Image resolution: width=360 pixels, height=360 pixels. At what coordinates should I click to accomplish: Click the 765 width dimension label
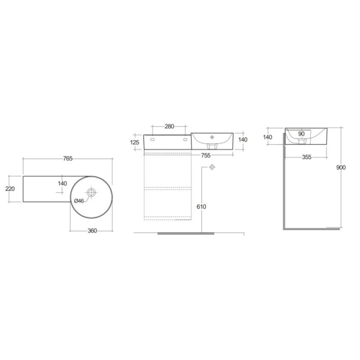[68, 158]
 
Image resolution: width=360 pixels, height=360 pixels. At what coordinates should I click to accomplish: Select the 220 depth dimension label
[10, 189]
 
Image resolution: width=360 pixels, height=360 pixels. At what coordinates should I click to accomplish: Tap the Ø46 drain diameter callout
[79, 201]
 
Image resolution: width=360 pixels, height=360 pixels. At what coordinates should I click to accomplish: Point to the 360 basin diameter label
[92, 231]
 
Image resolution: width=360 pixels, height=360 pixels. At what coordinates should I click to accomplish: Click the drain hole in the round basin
[91, 193]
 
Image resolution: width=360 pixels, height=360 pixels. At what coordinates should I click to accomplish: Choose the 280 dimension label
[170, 126]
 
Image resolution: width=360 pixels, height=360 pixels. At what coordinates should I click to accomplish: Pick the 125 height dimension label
[135, 142]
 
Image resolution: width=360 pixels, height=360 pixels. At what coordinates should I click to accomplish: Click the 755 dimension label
[206, 155]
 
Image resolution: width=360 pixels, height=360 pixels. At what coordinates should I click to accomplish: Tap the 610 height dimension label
[201, 207]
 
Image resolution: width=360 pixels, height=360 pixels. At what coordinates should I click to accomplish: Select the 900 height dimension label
[341, 167]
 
